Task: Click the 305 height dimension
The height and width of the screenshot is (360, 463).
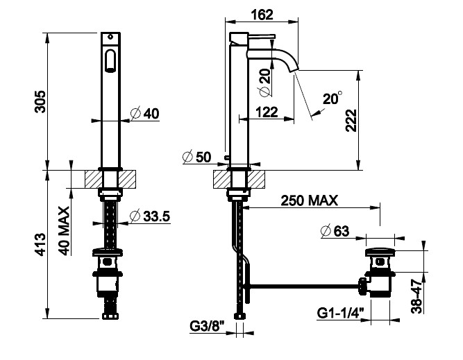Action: (40, 101)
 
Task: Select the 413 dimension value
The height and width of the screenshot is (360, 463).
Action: (40, 244)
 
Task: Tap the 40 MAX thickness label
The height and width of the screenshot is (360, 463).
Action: (64, 231)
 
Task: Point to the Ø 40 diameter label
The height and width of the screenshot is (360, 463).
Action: (144, 113)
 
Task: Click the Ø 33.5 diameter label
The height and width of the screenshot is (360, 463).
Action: (150, 216)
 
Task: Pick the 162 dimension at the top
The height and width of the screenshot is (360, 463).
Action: (262, 15)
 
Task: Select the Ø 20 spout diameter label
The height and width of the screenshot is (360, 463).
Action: (265, 83)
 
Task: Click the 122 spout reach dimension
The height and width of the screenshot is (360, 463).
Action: (267, 112)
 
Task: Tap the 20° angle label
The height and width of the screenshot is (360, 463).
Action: (332, 98)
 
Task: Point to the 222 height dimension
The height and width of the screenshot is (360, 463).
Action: (351, 121)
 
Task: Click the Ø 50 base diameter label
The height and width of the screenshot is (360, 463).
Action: (196, 157)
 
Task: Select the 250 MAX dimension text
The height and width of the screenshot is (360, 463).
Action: (309, 200)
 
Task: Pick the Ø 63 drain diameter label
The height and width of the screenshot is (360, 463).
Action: (335, 231)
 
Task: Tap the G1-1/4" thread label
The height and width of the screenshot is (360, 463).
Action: (340, 313)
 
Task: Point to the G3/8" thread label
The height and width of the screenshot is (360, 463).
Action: (207, 327)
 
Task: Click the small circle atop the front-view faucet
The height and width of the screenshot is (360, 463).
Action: (110, 37)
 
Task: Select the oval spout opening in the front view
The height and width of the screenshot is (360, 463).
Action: (110, 60)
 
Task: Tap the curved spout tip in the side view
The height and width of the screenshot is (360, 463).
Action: (294, 69)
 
